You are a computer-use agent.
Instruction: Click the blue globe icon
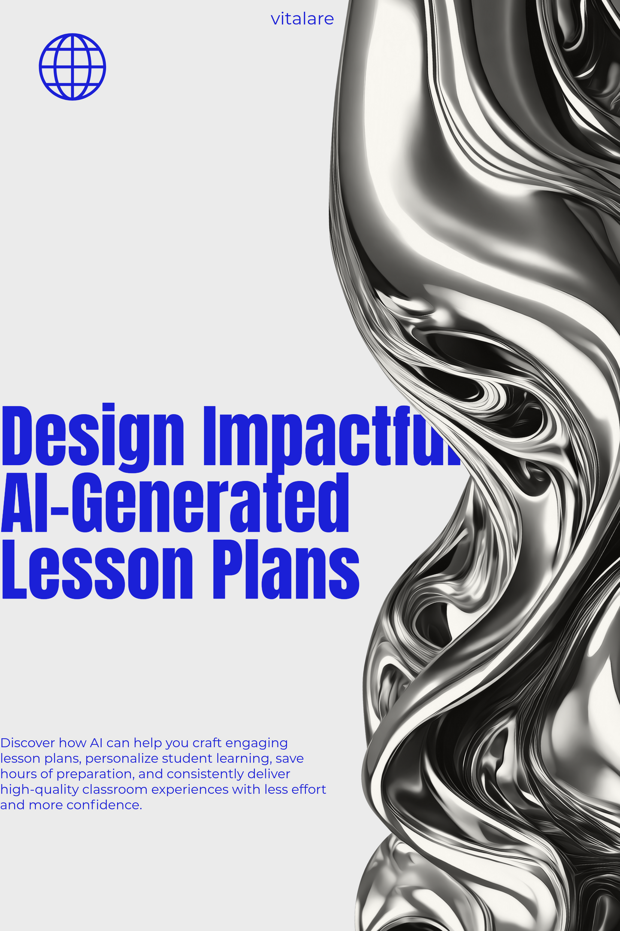pos(72,67)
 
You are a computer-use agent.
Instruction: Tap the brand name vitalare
pos(302,19)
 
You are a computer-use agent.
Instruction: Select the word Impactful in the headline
pos(330,436)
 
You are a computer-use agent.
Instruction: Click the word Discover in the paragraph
pos(27,742)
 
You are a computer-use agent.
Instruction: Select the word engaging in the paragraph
pos(256,743)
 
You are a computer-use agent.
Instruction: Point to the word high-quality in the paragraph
pos(39,790)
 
